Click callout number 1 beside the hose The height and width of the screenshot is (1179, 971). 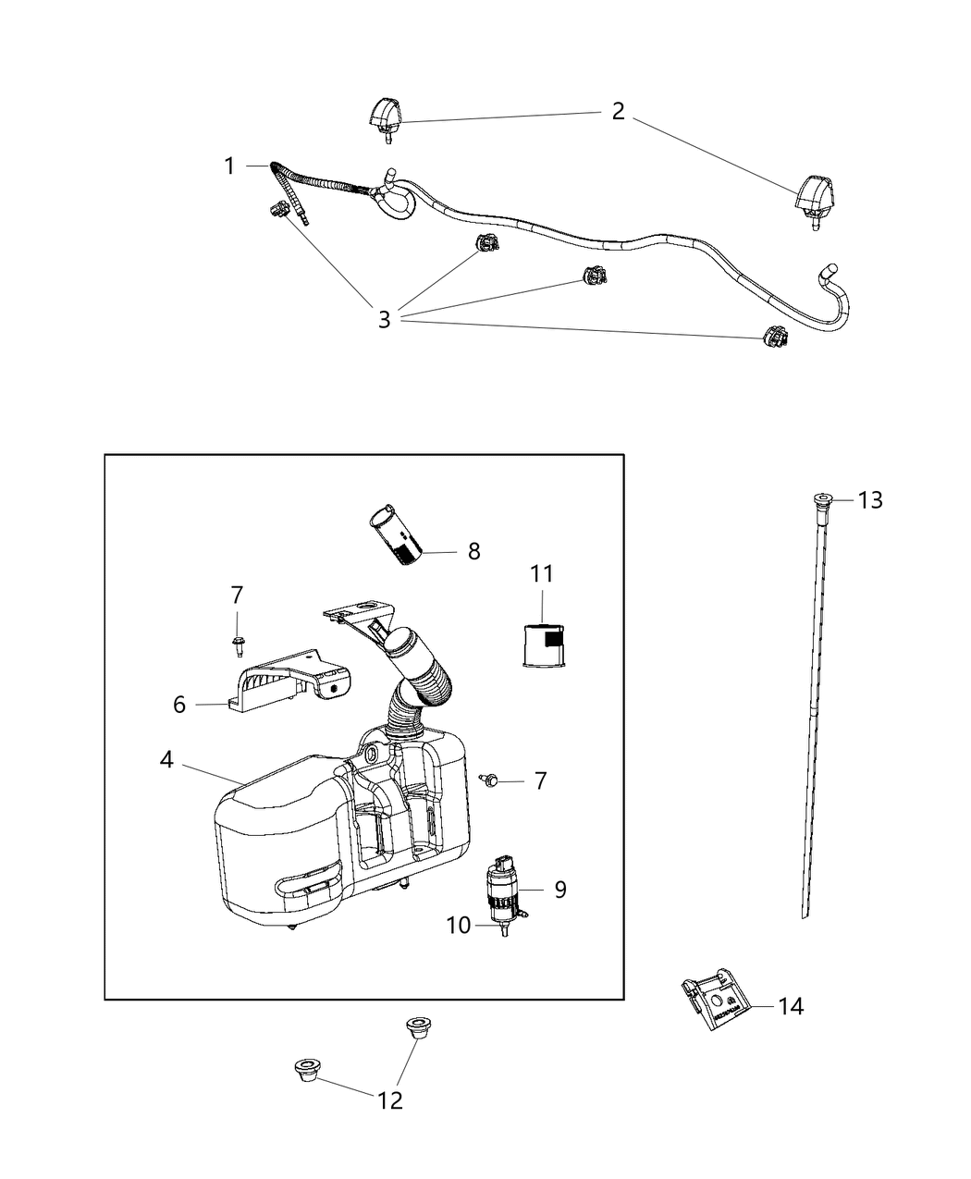point(229,166)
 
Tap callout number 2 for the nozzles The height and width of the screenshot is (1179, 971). point(618,112)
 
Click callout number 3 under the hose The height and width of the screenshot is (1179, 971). point(384,320)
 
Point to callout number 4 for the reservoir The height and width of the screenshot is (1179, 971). point(166,760)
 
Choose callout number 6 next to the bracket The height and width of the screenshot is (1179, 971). point(179,705)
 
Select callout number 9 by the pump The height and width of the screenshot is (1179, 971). point(560,890)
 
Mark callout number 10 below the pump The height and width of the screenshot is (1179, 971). point(460,925)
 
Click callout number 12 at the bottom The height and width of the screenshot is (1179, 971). point(390,1100)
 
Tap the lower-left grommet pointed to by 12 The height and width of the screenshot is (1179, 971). point(306,1071)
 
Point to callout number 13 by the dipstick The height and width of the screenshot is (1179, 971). point(870,500)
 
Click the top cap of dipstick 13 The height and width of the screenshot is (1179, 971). point(821,500)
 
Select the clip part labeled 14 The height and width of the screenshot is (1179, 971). point(713,1002)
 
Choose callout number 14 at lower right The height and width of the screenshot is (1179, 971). point(791,1006)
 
